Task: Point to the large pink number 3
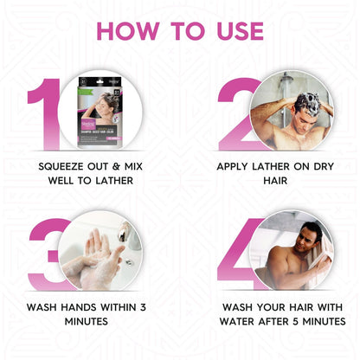click(45, 251)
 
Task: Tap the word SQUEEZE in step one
click(62, 164)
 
